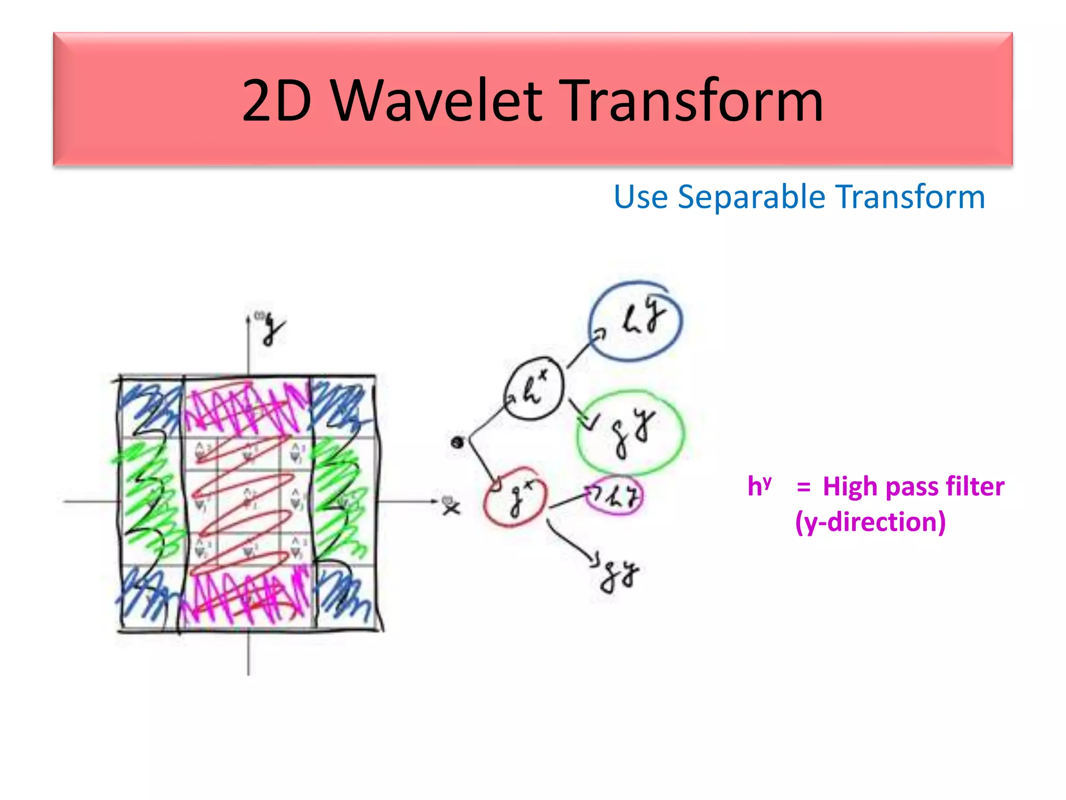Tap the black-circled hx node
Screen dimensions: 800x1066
[534, 389]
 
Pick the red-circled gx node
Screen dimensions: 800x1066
[515, 497]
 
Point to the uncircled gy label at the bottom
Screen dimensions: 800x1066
[619, 576]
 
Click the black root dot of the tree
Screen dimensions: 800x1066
[458, 443]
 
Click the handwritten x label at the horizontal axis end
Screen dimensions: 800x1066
[451, 506]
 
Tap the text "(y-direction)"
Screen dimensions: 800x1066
[870, 522]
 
